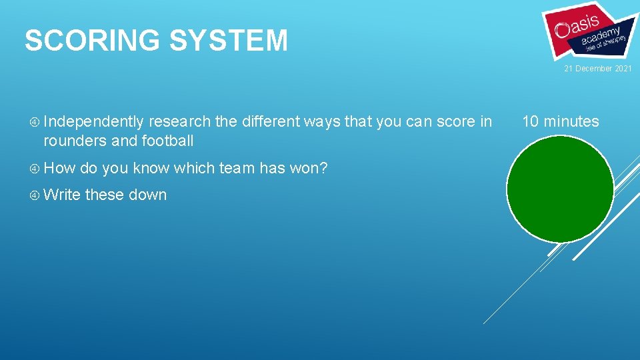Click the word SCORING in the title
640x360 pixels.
point(93,41)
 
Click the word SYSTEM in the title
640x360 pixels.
point(229,41)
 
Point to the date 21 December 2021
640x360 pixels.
point(598,69)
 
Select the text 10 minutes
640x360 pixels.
point(561,121)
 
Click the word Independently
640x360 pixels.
point(94,121)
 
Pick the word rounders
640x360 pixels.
point(72,141)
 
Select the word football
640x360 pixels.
point(168,141)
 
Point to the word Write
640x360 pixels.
point(62,195)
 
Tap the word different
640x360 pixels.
point(271,121)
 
